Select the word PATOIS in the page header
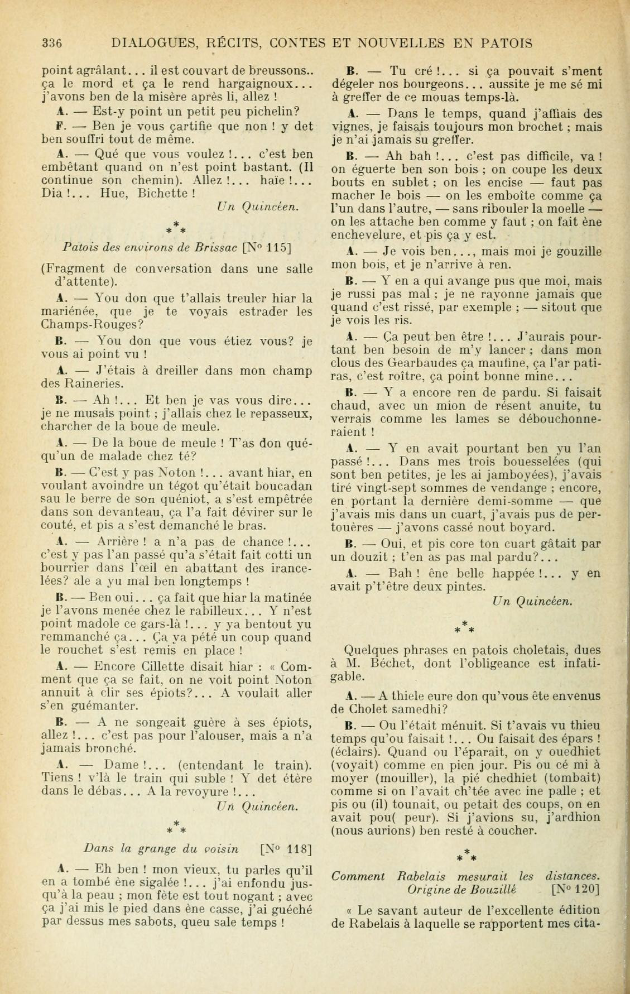pyautogui.click(x=503, y=43)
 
